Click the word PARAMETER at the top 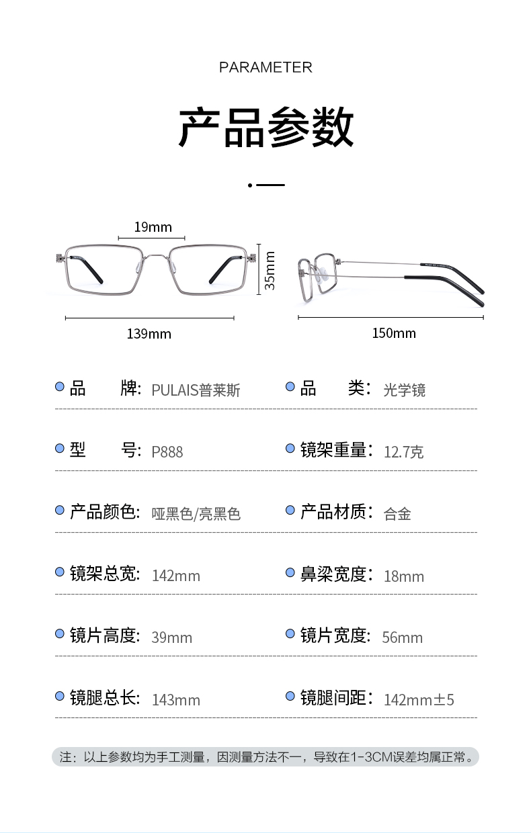pyautogui.click(x=265, y=67)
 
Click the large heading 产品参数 pyautogui.click(x=265, y=127)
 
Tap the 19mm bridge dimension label pyautogui.click(x=153, y=227)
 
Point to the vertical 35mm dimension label pyautogui.click(x=270, y=271)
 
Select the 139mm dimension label pyautogui.click(x=149, y=334)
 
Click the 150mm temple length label pyautogui.click(x=394, y=333)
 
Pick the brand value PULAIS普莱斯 pyautogui.click(x=196, y=390)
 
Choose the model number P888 pyautogui.click(x=167, y=451)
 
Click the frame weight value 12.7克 pyautogui.click(x=403, y=451)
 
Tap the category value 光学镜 pyautogui.click(x=405, y=390)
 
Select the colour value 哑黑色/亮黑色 pyautogui.click(x=196, y=514)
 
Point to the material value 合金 pyautogui.click(x=397, y=514)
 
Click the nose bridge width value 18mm pyautogui.click(x=404, y=576)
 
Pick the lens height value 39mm pyautogui.click(x=172, y=638)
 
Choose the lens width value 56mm pyautogui.click(x=403, y=638)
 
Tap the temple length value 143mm pyautogui.click(x=176, y=700)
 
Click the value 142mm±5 pyautogui.click(x=419, y=700)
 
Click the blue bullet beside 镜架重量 pyautogui.click(x=290, y=449)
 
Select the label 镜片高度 pyautogui.click(x=104, y=635)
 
